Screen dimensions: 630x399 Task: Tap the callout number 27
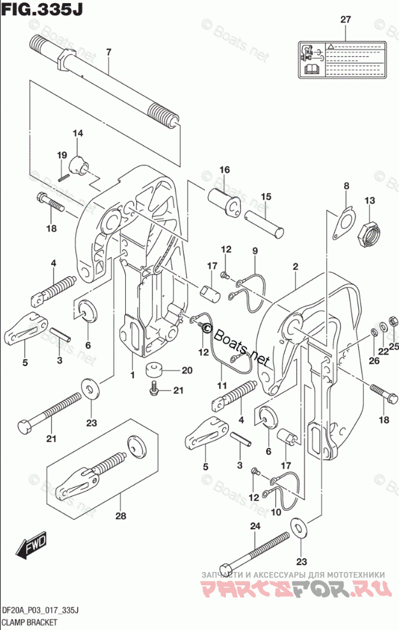point(345,20)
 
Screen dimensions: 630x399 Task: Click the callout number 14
point(78,133)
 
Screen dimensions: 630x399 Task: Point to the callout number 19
point(62,156)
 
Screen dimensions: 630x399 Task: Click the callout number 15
point(266,196)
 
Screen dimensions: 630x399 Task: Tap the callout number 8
point(347,186)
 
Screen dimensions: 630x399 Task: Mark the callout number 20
point(186,370)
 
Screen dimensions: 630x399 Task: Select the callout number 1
point(133,375)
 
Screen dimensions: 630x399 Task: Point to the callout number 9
point(254,251)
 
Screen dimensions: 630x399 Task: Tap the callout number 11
point(222,385)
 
